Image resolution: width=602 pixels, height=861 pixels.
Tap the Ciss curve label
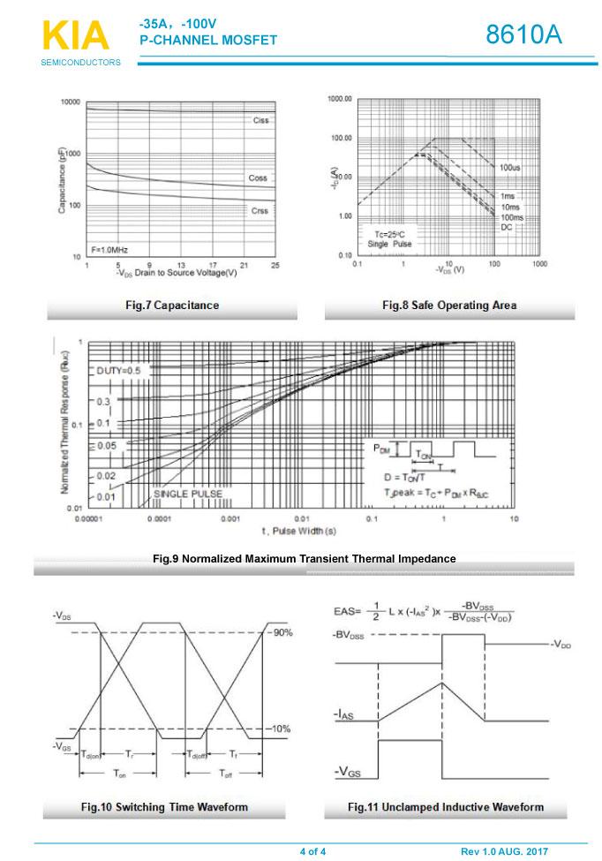pos(260,120)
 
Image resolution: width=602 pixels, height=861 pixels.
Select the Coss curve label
pos(258,178)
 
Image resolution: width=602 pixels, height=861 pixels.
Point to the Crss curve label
pos(260,211)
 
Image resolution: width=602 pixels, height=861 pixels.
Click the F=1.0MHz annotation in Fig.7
pos(110,250)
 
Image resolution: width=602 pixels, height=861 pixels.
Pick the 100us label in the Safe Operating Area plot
pos(509,167)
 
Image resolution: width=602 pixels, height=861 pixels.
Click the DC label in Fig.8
pos(506,227)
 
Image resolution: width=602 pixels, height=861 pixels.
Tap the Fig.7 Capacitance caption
pos(172,306)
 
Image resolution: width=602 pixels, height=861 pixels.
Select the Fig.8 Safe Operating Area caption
pos(449,306)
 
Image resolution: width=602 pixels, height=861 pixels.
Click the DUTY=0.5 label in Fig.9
pos(118,370)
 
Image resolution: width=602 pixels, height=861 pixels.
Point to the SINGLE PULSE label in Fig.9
pos(188,494)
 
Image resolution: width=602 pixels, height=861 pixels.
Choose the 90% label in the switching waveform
pos(282,633)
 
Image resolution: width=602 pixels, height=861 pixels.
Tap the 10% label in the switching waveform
pos(282,729)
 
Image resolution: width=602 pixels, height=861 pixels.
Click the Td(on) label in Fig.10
pos(91,755)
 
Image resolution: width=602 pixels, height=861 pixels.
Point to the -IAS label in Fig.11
pos(344,714)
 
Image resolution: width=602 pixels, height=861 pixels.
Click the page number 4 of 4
pos(312,851)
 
